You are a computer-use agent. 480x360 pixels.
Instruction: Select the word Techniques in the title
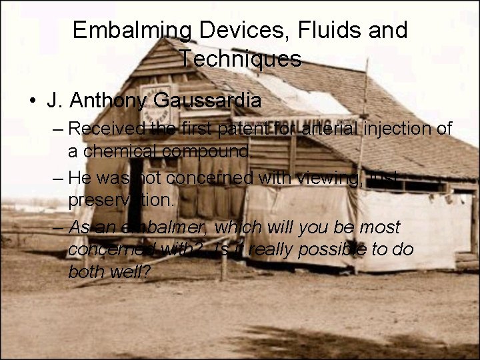pos(240,59)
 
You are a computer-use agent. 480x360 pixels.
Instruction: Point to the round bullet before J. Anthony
pos(33,102)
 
